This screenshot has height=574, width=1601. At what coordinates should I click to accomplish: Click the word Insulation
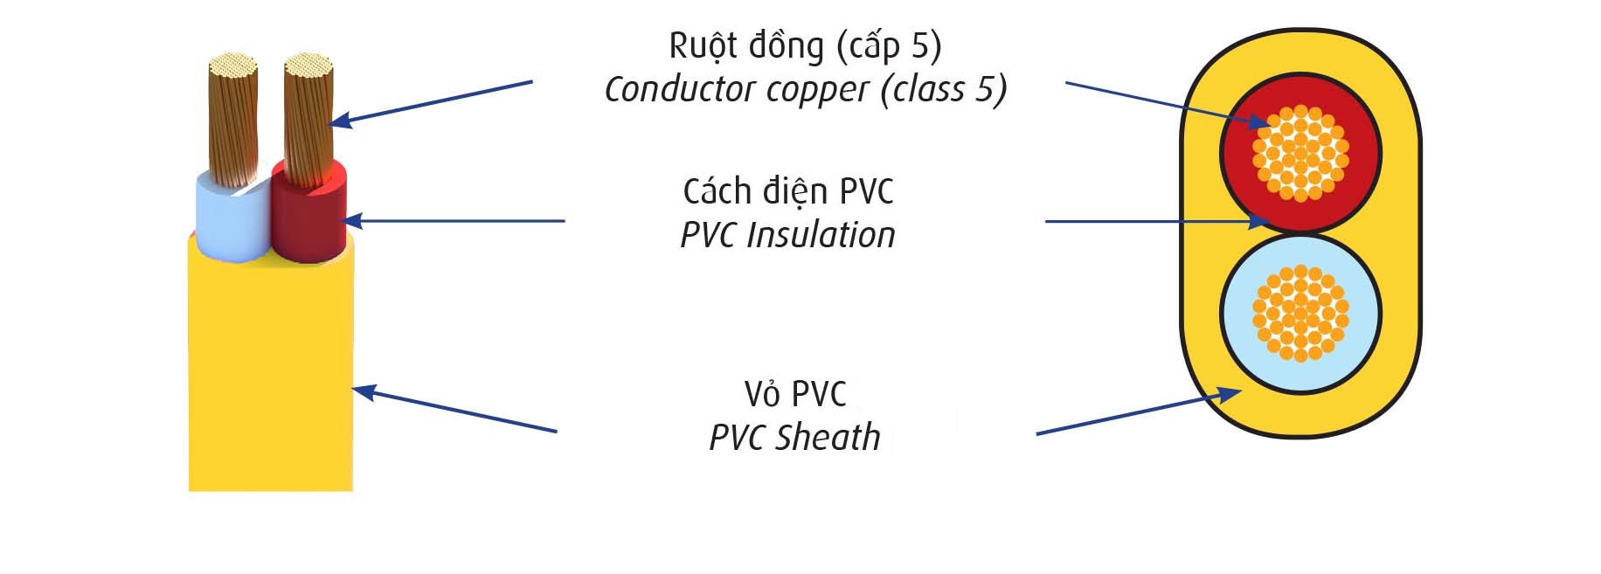coord(821,235)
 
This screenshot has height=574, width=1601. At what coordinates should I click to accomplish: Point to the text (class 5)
coord(944,89)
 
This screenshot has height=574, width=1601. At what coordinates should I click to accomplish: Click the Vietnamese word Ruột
coord(701,46)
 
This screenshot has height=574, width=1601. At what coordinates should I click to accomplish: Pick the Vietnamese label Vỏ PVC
coord(795,394)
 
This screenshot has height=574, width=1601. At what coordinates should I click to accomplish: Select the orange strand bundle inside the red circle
coord(1300,153)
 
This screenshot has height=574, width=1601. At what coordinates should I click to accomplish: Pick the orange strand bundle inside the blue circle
coord(1300,313)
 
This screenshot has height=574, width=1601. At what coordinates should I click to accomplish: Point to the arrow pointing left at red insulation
coord(455,221)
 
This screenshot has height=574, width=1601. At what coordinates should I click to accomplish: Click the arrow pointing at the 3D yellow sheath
coord(454,409)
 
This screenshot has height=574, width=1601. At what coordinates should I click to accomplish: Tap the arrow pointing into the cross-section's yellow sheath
coord(1139,411)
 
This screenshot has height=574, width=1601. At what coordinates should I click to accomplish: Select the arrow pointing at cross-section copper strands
coord(1167,105)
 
